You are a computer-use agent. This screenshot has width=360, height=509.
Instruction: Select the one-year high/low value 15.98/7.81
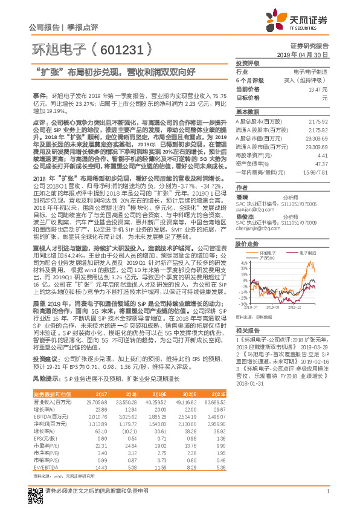click(x=315, y=172)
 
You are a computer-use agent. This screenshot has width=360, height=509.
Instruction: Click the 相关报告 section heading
click(x=247, y=330)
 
